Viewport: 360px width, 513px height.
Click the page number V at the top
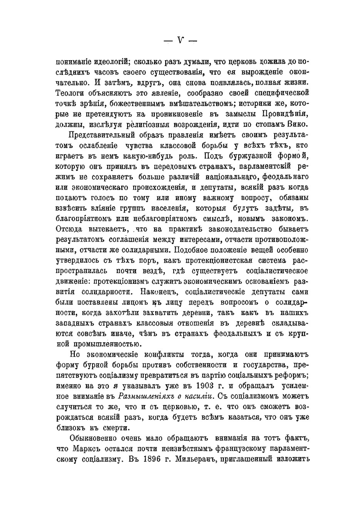[180, 40]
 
